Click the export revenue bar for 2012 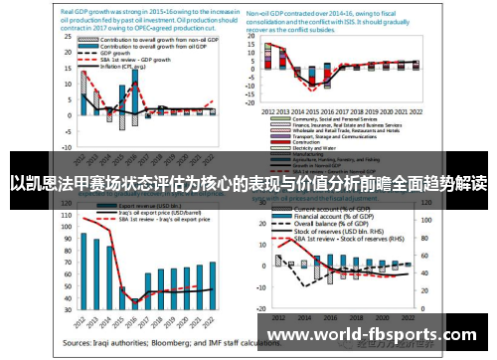click(83, 270)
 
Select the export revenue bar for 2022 click(212, 282)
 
